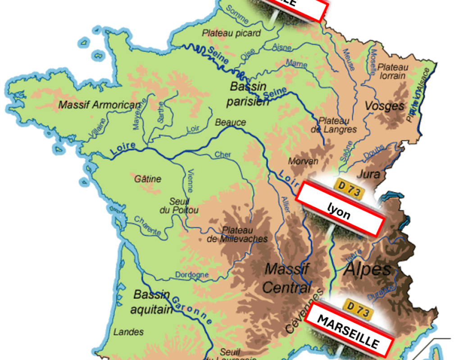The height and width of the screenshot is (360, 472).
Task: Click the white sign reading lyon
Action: click(340, 208)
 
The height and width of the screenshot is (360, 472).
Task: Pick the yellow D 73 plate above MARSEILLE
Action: click(359, 308)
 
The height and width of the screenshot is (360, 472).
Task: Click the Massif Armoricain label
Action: click(100, 105)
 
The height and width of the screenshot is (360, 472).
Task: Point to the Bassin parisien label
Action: click(247, 94)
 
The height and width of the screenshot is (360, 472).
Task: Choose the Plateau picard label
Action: click(231, 33)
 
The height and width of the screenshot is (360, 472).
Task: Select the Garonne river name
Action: click(192, 308)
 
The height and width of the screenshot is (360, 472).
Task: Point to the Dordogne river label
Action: click(191, 274)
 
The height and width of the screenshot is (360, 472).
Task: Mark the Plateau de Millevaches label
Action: click(237, 234)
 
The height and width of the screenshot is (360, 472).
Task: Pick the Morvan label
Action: click(304, 161)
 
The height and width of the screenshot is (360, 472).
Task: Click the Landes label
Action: click(128, 332)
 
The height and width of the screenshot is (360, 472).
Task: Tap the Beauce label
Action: click(231, 122)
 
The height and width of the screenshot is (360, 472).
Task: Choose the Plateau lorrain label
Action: click(393, 71)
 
